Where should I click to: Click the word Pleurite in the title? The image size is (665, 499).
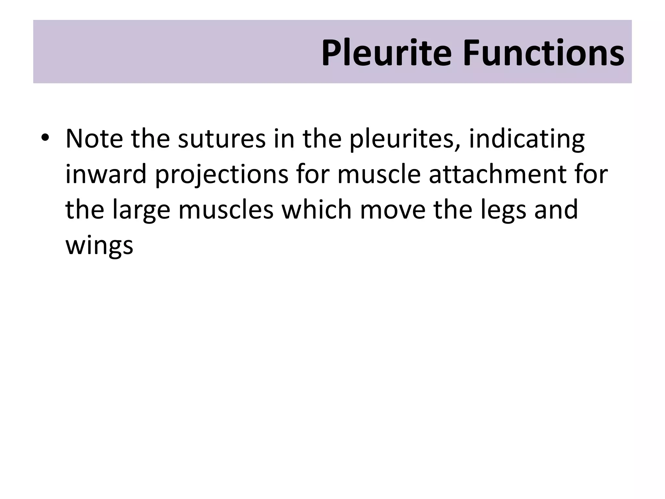[386, 53]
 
